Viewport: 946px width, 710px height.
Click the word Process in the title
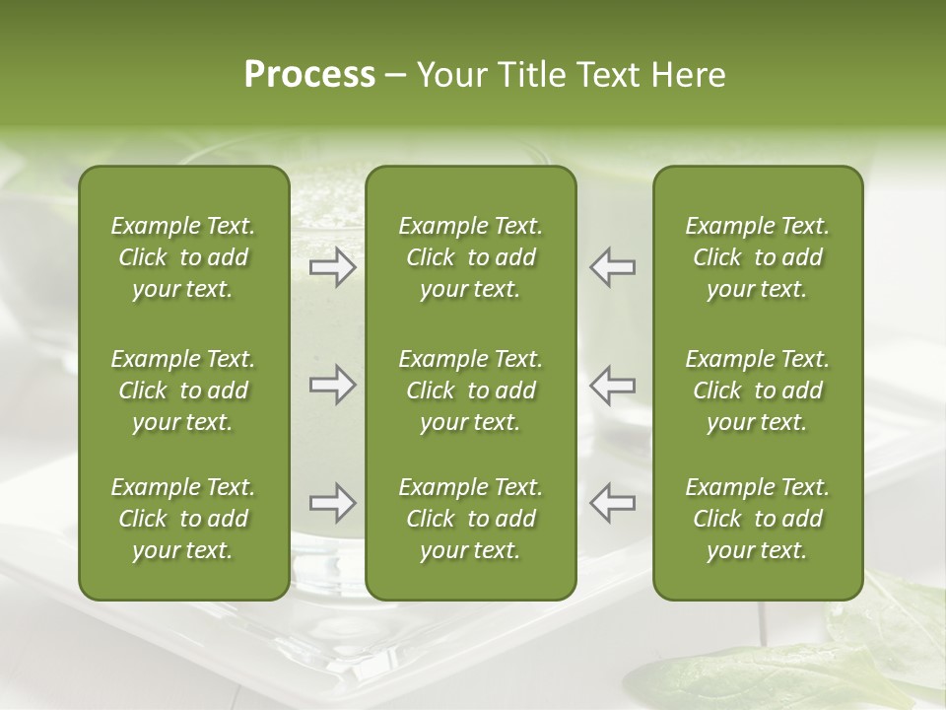click(x=309, y=75)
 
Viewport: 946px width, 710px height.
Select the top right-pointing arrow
click(x=333, y=267)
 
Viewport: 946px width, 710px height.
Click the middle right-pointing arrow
click(x=333, y=385)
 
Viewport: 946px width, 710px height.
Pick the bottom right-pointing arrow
click(x=333, y=503)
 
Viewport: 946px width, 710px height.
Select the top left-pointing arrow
click(x=612, y=267)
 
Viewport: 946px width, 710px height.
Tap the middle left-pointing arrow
click(x=612, y=385)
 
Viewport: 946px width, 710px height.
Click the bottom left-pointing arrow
click(x=612, y=503)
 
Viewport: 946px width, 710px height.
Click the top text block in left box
click(x=183, y=257)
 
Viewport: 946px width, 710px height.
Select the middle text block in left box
click(x=183, y=390)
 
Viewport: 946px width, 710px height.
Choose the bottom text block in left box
click(x=183, y=519)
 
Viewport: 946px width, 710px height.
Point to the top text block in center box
click(x=470, y=257)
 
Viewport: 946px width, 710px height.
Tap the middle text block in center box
click(x=470, y=390)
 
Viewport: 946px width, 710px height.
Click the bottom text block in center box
click(x=470, y=519)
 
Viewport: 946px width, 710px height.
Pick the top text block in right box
click(x=757, y=257)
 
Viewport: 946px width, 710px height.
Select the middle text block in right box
click(x=757, y=390)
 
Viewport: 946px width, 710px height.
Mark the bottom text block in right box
click(x=757, y=519)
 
